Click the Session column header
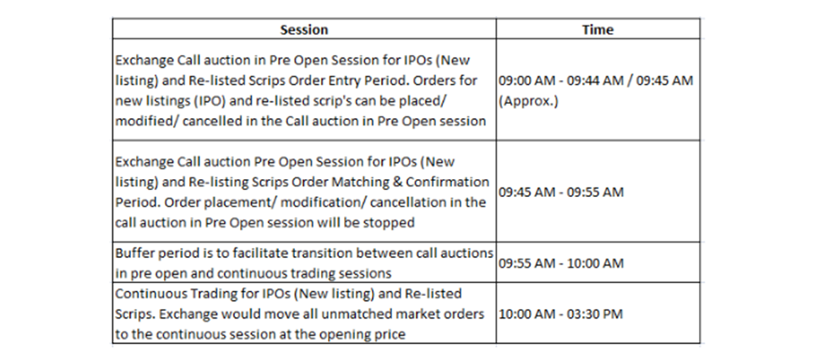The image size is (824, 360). click(303, 30)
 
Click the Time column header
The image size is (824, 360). click(598, 30)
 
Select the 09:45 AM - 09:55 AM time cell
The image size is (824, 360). click(560, 192)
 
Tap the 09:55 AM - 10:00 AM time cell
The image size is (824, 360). click(560, 263)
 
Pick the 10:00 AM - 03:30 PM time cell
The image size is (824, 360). click(560, 314)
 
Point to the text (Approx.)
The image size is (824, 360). click(528, 101)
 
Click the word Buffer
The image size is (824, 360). click(133, 253)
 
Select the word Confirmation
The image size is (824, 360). click(447, 182)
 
